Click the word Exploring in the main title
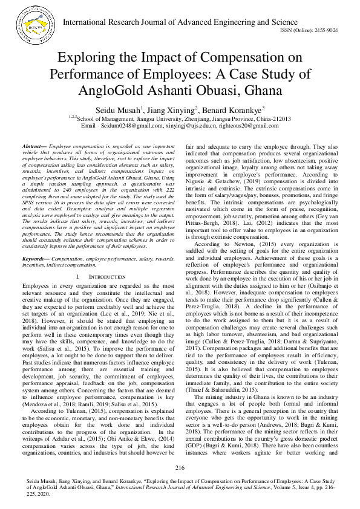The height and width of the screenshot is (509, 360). coord(87,59)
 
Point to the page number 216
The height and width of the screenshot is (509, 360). coord(180,468)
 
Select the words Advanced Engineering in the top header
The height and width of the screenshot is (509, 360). coord(214,22)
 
